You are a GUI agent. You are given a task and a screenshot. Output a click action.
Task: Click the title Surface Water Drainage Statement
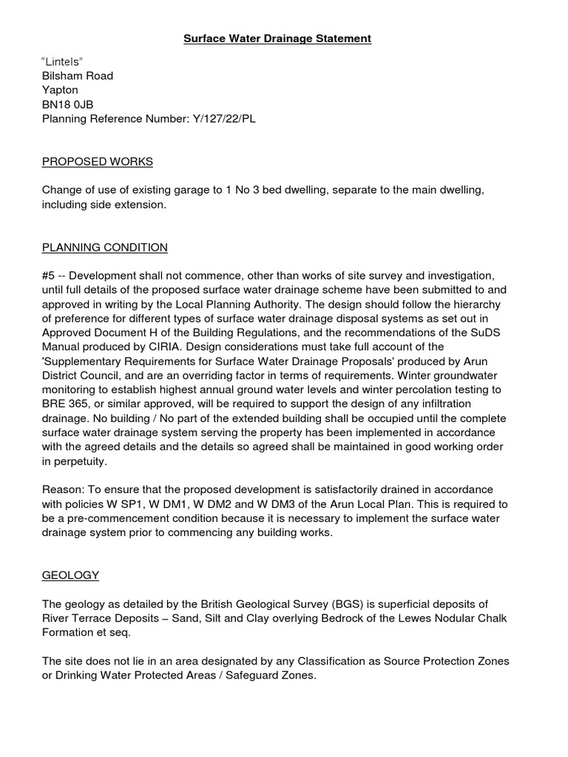[277, 38]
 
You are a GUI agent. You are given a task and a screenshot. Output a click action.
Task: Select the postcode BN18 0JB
[68, 103]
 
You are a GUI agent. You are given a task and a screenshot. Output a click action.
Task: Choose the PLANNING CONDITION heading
[105, 247]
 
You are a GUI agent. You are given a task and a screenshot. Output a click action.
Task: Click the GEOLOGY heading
[70, 574]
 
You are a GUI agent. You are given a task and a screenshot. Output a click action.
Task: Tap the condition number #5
[49, 275]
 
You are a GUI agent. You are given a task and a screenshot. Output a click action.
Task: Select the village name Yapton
[60, 89]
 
